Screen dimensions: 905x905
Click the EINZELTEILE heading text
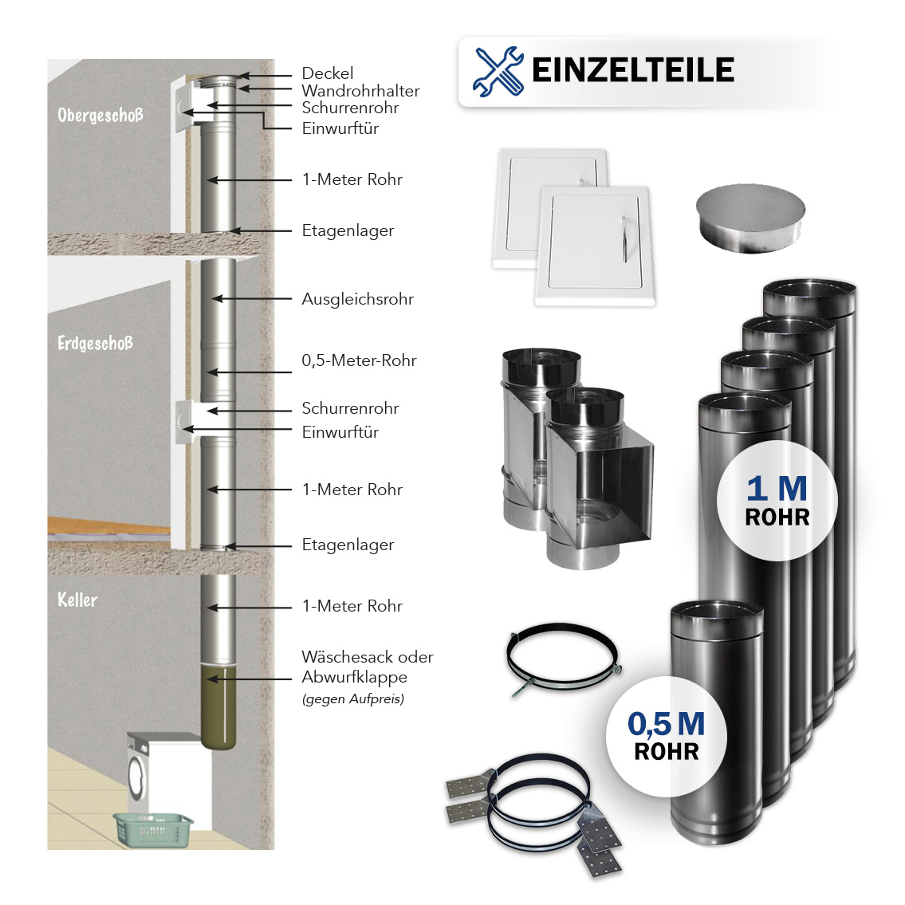click(x=632, y=70)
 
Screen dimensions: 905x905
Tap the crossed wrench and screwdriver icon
click(x=498, y=71)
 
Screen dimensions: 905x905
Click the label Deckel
click(x=327, y=73)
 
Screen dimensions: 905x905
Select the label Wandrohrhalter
click(x=360, y=91)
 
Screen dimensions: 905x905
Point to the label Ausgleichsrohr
click(x=357, y=300)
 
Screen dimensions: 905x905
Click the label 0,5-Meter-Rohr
click(x=359, y=360)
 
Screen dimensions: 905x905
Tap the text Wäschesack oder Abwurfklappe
click(x=367, y=667)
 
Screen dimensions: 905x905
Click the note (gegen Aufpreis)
click(x=352, y=699)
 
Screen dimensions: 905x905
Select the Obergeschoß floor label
click(x=100, y=115)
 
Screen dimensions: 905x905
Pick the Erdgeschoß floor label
click(x=95, y=344)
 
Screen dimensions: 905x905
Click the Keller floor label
click(x=77, y=600)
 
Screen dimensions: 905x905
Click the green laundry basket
click(x=153, y=829)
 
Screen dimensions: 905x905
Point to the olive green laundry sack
click(x=218, y=710)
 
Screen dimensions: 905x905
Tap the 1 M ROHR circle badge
click(x=777, y=501)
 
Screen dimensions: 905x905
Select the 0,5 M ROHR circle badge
click(x=666, y=736)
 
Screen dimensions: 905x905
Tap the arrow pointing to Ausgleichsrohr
click(x=251, y=299)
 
